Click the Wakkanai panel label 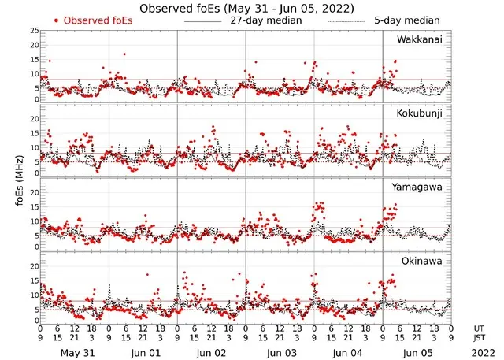[419, 39]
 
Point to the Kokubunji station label [419, 113]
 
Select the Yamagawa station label [419, 187]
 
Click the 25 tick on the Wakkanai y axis [34, 30]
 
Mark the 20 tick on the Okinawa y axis [34, 266]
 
